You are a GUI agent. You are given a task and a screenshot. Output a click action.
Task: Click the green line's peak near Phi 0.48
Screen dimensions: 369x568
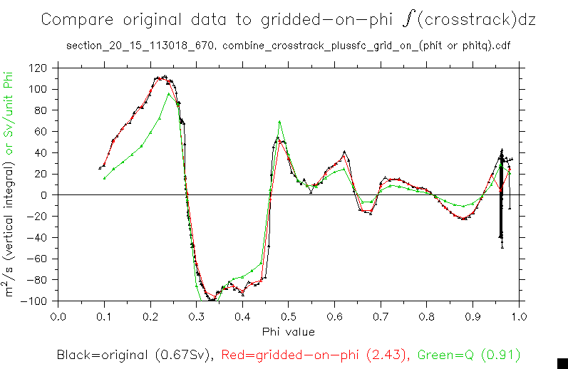(x=279, y=122)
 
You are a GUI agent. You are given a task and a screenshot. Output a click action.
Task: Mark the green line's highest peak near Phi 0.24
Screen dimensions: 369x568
(x=169, y=94)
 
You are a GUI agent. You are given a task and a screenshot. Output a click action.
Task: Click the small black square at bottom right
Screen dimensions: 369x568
(x=562, y=363)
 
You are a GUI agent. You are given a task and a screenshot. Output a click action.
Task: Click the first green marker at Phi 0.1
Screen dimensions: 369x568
(x=105, y=177)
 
